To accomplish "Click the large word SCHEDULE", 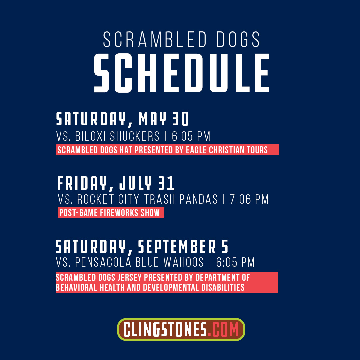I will click(181, 72).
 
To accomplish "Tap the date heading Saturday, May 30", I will click(123, 119).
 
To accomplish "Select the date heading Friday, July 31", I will click(116, 183).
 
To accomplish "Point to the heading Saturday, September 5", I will click(142, 247).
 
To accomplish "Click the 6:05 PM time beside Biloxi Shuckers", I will click(191, 136).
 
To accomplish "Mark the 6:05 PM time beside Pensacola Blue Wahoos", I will click(235, 262).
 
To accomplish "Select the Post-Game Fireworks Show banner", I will click(111, 213).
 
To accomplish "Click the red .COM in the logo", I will click(223, 330).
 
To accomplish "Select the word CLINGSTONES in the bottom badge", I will click(165, 330).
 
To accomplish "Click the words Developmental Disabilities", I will click(194, 287).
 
